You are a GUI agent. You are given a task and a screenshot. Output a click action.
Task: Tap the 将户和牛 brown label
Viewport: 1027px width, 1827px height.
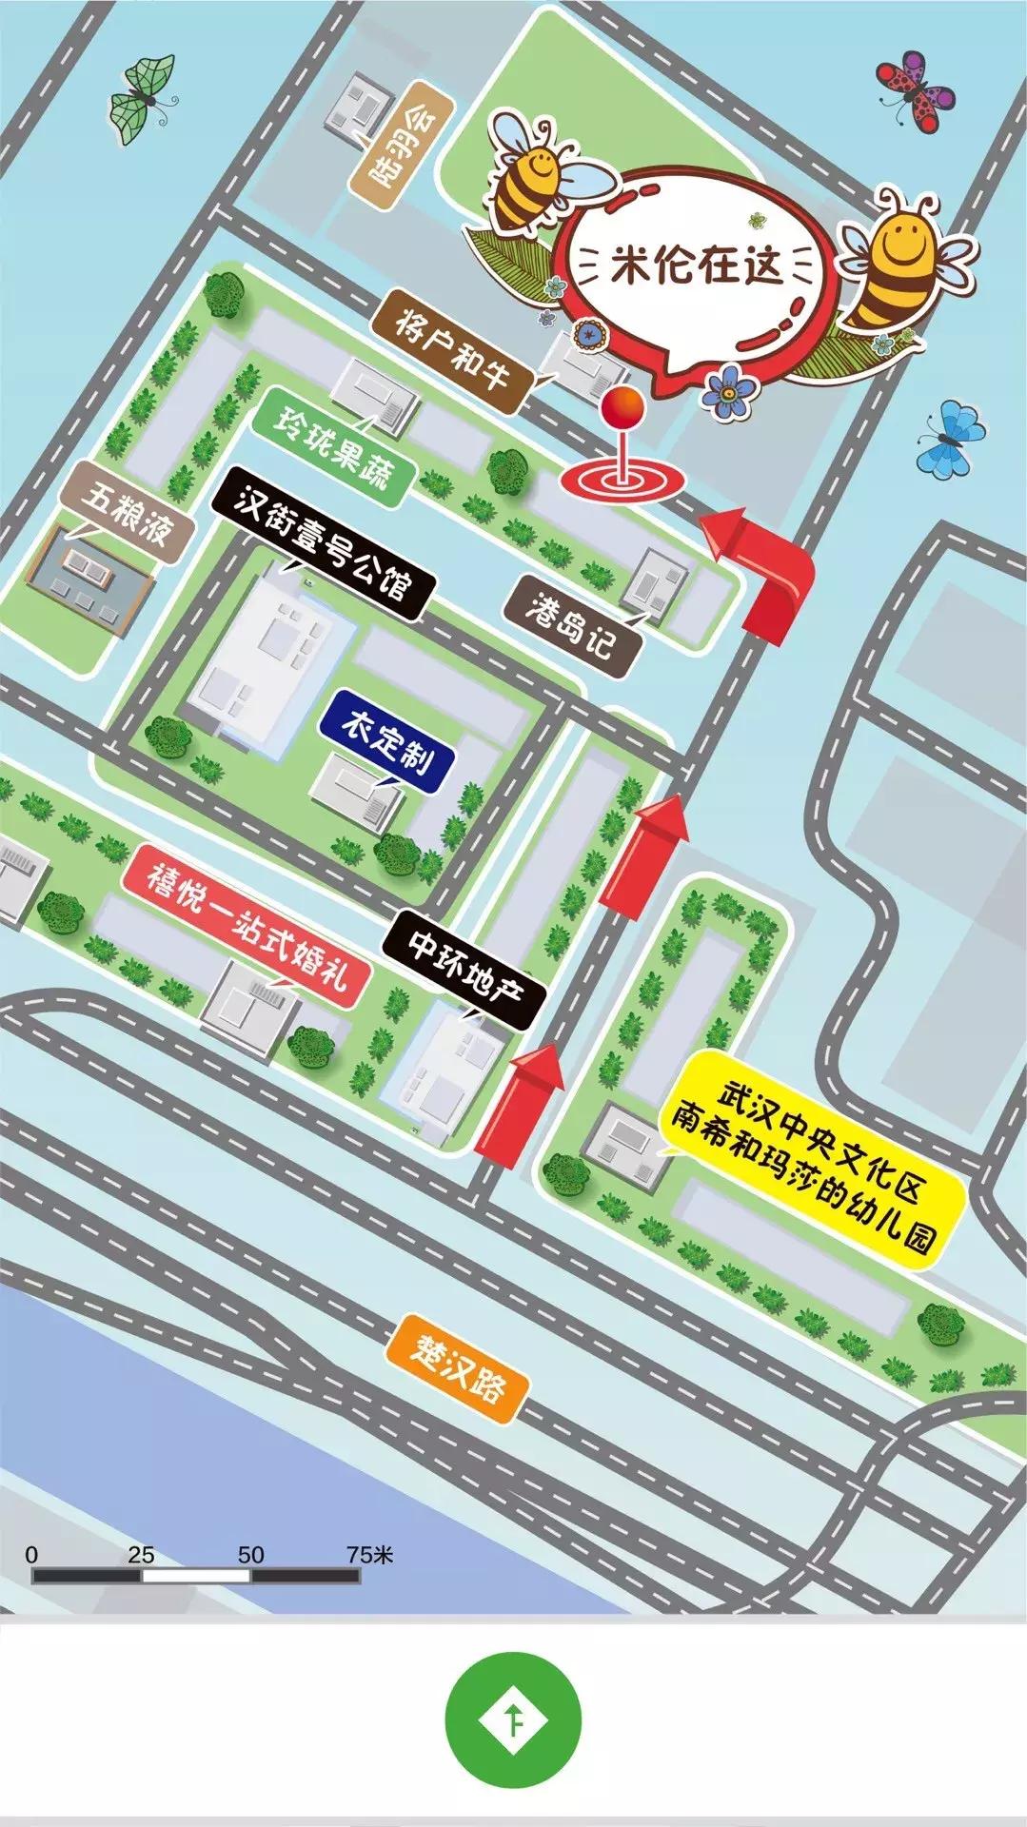[452, 353]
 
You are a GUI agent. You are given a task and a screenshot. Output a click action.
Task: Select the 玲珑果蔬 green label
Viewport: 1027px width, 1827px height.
[332, 446]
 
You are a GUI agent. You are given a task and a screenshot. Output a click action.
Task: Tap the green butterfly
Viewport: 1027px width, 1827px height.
[142, 99]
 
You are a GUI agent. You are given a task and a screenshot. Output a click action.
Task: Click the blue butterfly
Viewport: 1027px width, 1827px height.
[951, 438]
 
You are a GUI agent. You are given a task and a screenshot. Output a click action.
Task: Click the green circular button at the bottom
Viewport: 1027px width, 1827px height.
[513, 1719]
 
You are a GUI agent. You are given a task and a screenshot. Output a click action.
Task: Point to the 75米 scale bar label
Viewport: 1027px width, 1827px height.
[369, 1555]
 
